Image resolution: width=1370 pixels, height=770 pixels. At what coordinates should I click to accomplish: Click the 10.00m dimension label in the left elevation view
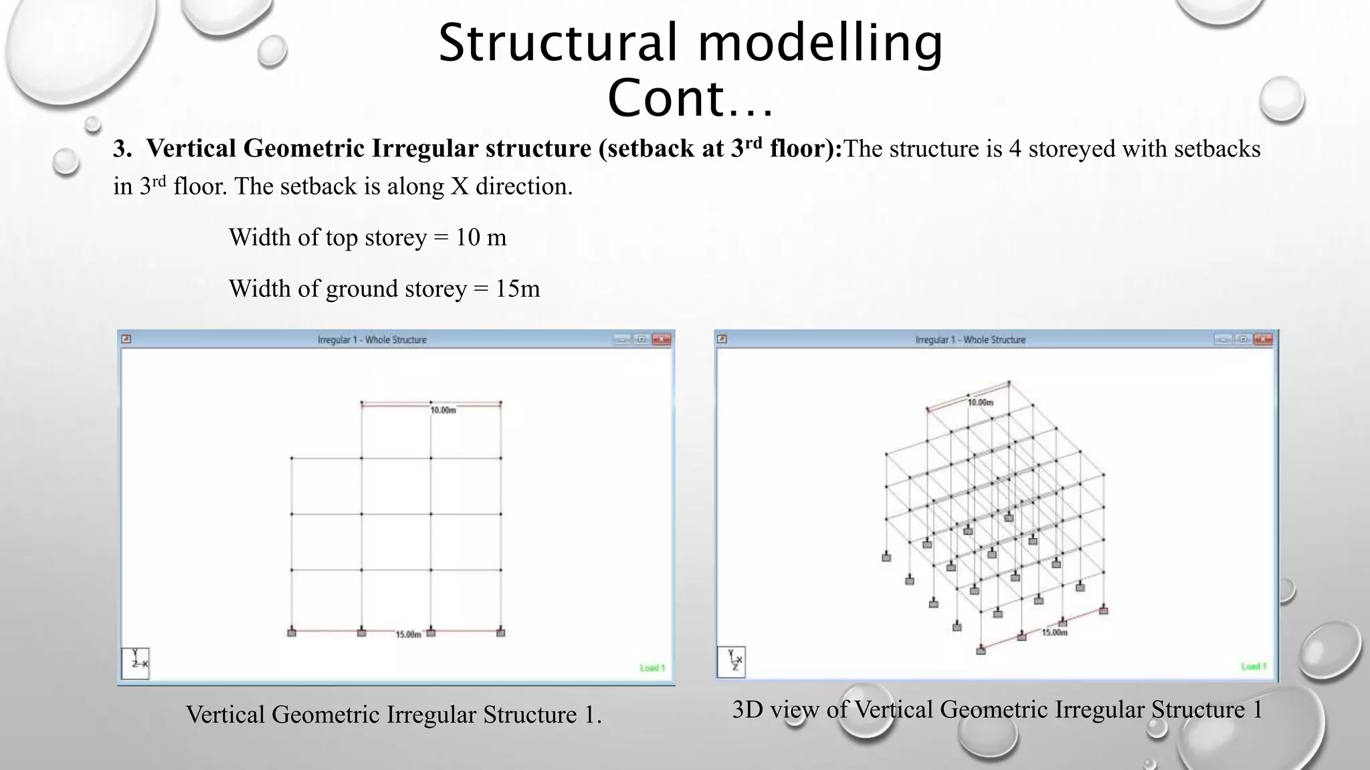point(443,410)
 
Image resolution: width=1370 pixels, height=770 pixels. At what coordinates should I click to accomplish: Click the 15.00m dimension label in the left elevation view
point(408,634)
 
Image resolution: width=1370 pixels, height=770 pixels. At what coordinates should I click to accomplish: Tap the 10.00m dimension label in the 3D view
point(981,402)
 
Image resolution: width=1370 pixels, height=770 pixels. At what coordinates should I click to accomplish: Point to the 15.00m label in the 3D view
point(1054,632)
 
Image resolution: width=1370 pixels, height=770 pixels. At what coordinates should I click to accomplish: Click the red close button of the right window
point(1263,340)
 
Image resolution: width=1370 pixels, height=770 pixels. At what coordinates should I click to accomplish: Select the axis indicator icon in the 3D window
point(732,662)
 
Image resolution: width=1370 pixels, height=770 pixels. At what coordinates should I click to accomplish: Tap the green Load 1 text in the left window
point(652,668)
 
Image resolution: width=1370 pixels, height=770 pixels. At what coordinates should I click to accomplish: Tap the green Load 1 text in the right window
point(1253,666)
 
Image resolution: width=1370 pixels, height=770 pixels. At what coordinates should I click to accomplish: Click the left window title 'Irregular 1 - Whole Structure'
point(372,340)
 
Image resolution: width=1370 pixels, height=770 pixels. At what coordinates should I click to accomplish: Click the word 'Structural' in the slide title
point(558,43)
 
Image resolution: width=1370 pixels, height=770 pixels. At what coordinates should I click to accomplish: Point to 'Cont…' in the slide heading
point(690,98)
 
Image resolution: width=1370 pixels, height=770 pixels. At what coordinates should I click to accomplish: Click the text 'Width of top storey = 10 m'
point(367,237)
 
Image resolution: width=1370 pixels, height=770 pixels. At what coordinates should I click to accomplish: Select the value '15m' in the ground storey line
point(517,289)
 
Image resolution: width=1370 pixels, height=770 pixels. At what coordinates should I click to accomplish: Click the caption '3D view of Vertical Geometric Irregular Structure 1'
point(997,709)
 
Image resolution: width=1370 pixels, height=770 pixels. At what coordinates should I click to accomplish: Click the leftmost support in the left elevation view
point(292,632)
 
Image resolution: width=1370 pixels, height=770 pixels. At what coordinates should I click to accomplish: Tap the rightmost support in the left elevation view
point(501,632)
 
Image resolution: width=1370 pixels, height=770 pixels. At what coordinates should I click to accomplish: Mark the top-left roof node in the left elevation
point(362,403)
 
